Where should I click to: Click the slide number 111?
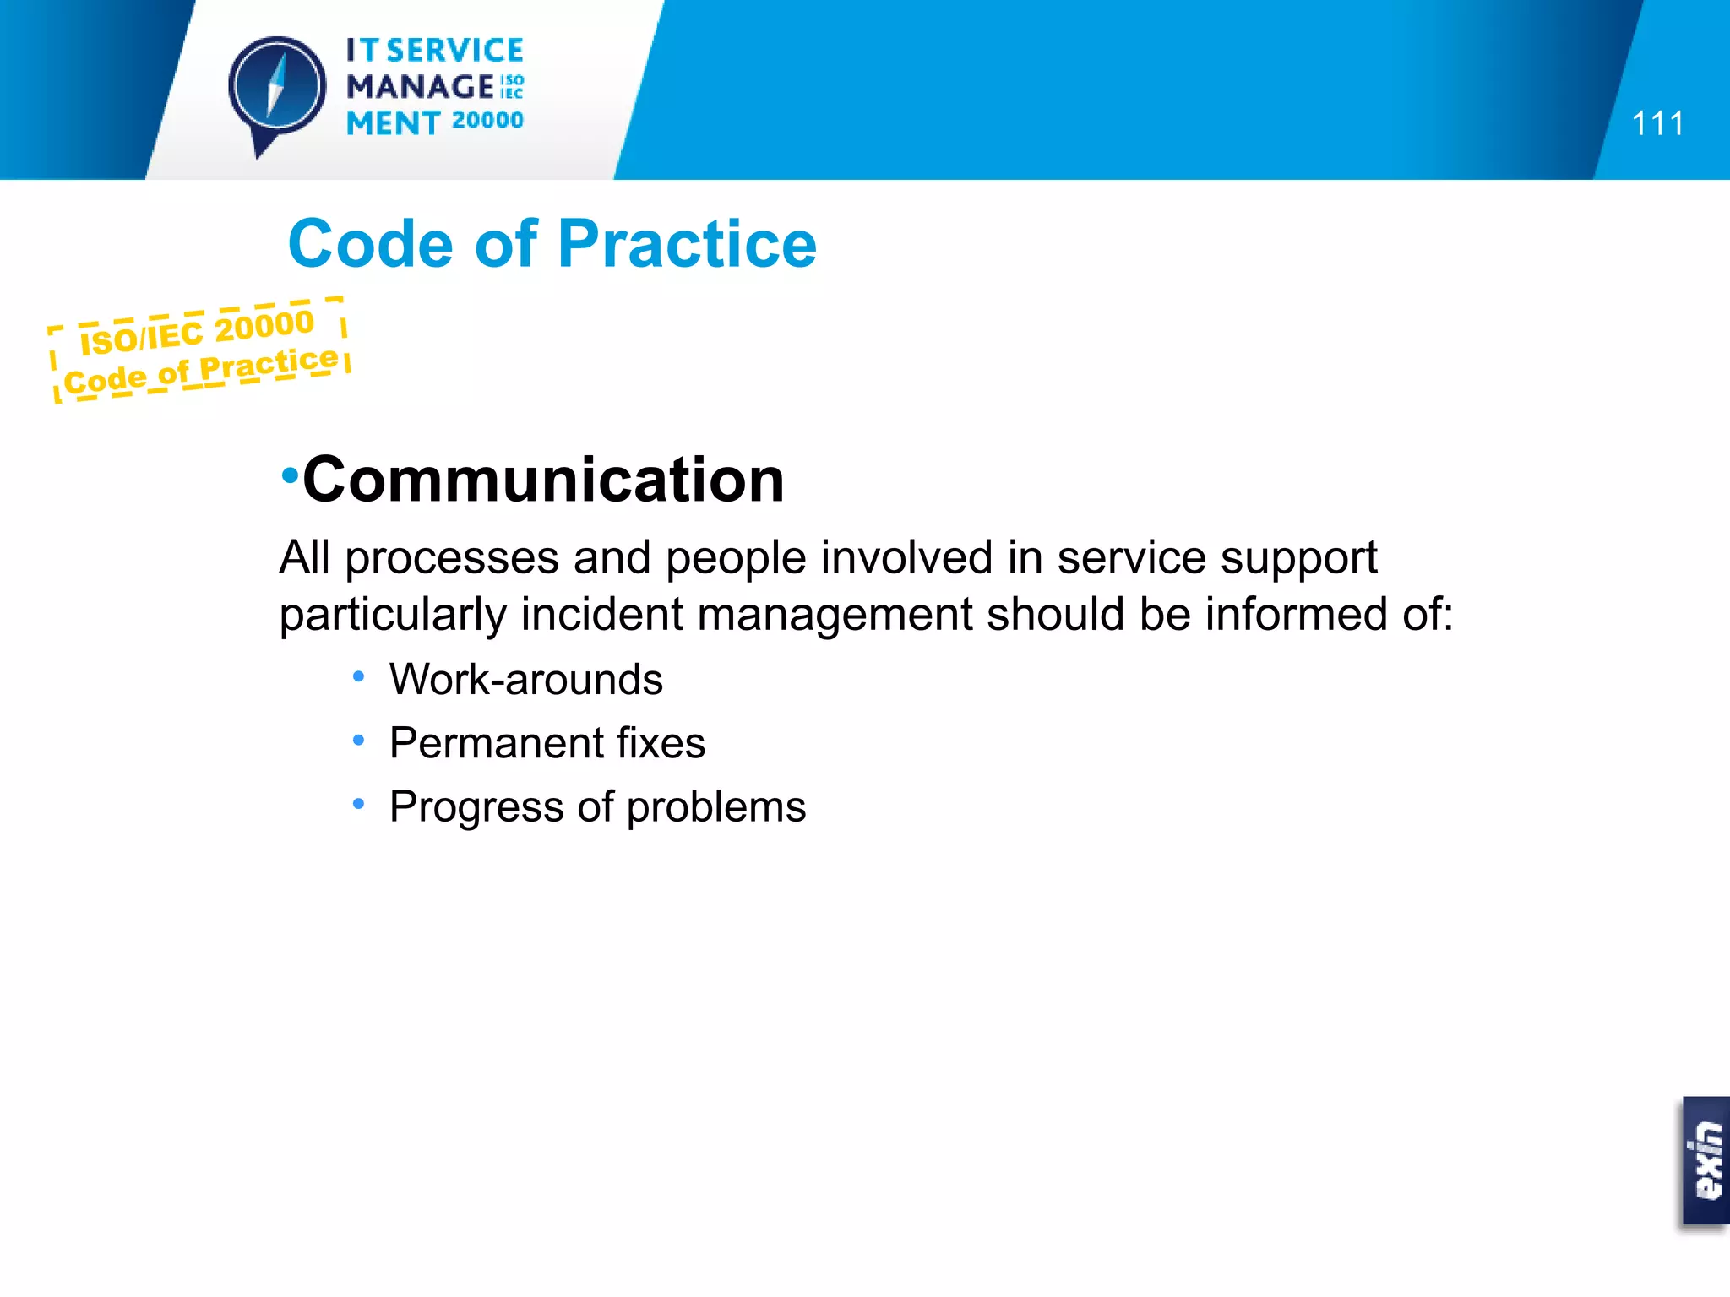tap(1657, 124)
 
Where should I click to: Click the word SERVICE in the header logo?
tap(455, 51)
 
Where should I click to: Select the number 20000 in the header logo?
tap(487, 121)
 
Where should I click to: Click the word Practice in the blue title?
tap(687, 244)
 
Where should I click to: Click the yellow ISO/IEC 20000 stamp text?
tap(197, 331)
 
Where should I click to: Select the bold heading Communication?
tap(543, 480)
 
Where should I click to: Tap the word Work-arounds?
tap(525, 680)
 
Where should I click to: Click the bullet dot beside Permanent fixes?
tap(359, 741)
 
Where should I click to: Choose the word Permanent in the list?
tap(496, 743)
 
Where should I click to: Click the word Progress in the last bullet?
tap(476, 807)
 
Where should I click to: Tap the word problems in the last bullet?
tap(716, 807)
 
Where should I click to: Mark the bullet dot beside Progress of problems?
tap(359, 804)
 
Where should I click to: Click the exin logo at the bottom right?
tap(1706, 1160)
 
